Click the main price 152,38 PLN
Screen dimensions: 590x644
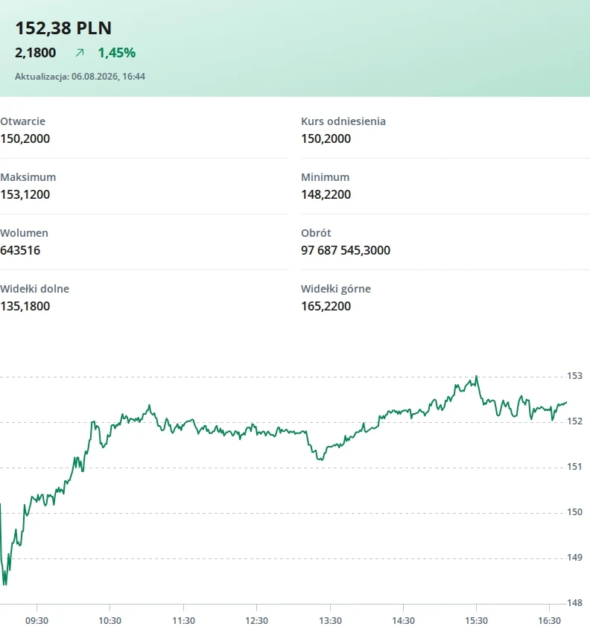click(63, 28)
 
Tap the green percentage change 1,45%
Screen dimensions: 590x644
click(117, 53)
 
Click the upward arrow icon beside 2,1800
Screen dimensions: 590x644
click(80, 53)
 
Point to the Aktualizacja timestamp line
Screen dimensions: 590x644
click(80, 77)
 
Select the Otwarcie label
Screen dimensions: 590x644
click(22, 121)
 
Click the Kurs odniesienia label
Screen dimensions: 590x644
click(343, 121)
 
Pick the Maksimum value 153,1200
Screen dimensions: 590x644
click(25, 194)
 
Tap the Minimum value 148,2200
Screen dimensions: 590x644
click(326, 194)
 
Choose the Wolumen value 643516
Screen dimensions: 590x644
click(20, 250)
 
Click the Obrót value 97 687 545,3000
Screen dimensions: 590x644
click(346, 250)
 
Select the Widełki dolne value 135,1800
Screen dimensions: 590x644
click(25, 306)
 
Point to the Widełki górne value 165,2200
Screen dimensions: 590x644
click(326, 306)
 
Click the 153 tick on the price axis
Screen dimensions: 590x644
click(574, 376)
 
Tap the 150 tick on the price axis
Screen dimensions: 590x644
click(574, 512)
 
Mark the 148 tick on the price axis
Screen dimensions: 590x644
click(574, 603)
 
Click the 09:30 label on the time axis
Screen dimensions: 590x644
click(37, 621)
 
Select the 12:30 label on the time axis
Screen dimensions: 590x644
click(257, 621)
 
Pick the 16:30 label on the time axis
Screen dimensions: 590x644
click(549, 621)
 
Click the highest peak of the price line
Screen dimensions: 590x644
click(476, 376)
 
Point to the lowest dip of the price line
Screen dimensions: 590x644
click(5, 584)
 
